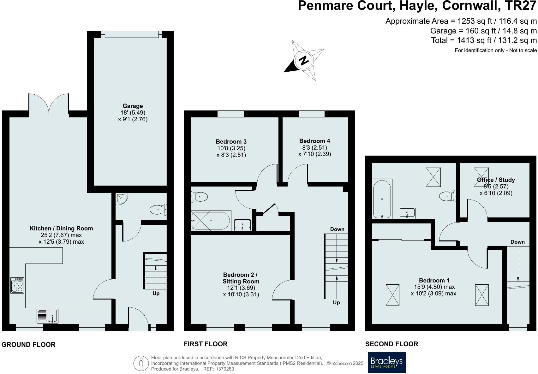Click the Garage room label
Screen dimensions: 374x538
tap(133, 106)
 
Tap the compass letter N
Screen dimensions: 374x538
tap(304, 60)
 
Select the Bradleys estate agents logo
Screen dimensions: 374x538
tap(386, 362)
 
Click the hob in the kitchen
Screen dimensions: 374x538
tap(17, 285)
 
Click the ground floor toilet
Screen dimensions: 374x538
tap(158, 210)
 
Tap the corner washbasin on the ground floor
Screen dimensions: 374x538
tap(122, 199)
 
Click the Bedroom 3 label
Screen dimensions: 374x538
tap(231, 142)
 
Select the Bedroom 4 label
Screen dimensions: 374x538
tap(314, 141)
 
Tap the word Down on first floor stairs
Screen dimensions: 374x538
tap(337, 229)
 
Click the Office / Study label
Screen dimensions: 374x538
tap(496, 180)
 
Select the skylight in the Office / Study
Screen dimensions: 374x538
tap(481, 175)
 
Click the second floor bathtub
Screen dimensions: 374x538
tap(382, 199)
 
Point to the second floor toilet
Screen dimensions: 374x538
tap(447, 196)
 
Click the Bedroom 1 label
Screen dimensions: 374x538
tap(434, 280)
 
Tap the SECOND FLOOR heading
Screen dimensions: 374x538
tap(392, 344)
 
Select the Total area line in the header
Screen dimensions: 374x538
tap(484, 40)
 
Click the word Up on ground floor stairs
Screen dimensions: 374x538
tap(156, 293)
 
